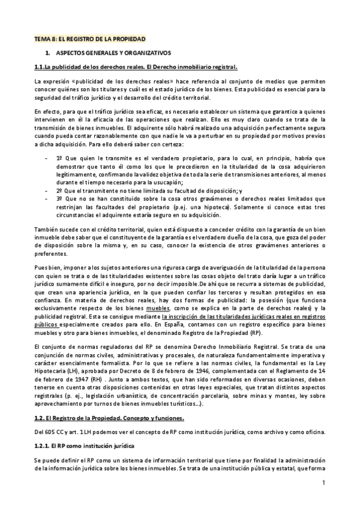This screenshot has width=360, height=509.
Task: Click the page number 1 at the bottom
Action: pos(323,483)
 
